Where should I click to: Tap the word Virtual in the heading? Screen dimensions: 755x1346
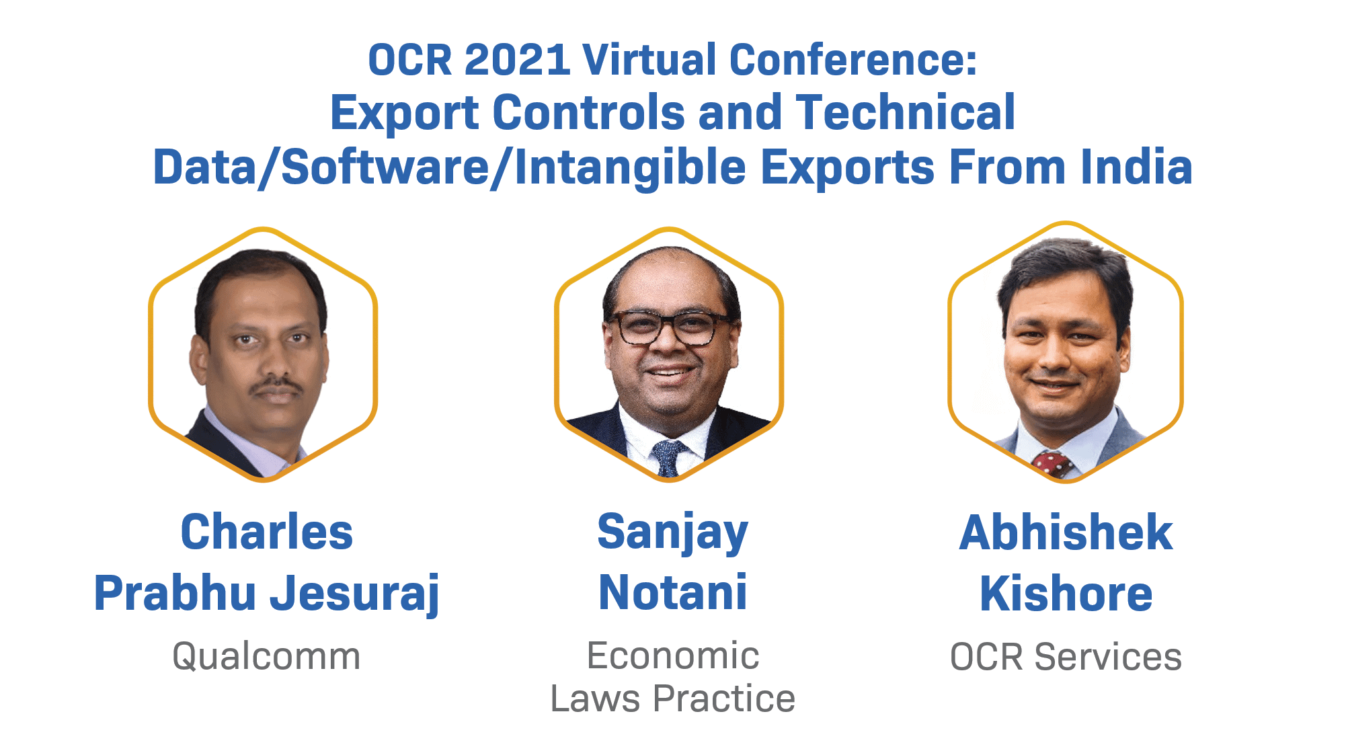[x=649, y=61]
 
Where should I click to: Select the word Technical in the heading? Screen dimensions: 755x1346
[x=905, y=113]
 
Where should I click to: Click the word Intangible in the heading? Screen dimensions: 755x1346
[x=630, y=169]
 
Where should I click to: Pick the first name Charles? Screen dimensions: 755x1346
[x=266, y=532]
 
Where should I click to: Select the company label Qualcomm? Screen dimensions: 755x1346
[x=266, y=657]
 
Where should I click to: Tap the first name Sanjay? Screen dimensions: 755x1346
[x=672, y=532]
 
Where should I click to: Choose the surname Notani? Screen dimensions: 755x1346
[x=672, y=593]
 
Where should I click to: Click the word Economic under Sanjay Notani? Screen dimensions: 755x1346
[x=672, y=656]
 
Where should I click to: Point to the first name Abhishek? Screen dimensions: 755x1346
[x=1066, y=532]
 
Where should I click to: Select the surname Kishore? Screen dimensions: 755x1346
[x=1066, y=594]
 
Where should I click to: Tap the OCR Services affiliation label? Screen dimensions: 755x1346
[x=1066, y=657]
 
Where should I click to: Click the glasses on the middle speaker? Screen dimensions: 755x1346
[x=670, y=328]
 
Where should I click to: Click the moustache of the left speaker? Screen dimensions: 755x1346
[x=276, y=385]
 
